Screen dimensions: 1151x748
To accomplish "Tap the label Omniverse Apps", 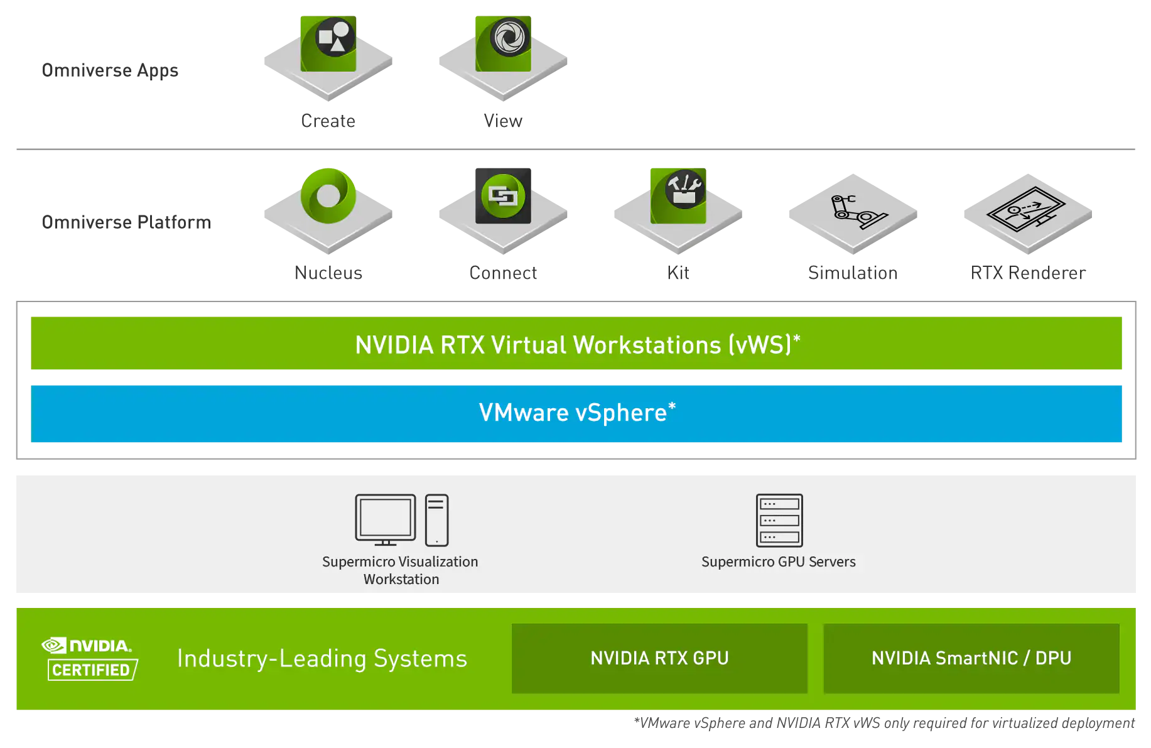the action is click(x=110, y=70).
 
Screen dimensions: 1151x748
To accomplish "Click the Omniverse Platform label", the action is click(x=126, y=222).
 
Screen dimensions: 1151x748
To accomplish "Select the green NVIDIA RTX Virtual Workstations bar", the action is click(x=576, y=343).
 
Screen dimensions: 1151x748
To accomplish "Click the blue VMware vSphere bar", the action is click(x=576, y=414).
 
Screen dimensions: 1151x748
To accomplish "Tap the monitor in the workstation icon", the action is click(x=386, y=520).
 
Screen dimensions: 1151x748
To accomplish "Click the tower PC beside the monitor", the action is click(x=436, y=520).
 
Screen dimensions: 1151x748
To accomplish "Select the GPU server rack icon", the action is click(x=779, y=521).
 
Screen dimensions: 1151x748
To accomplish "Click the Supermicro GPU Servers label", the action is click(x=779, y=562).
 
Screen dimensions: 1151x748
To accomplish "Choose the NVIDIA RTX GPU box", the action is click(x=659, y=658).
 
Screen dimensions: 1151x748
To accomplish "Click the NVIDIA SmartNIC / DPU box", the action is click(x=971, y=658).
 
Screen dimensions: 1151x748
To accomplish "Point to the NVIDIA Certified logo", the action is click(x=90, y=658).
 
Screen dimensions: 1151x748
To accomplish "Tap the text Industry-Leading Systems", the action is click(x=322, y=658).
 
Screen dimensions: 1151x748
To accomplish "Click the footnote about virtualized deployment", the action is click(x=884, y=724).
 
